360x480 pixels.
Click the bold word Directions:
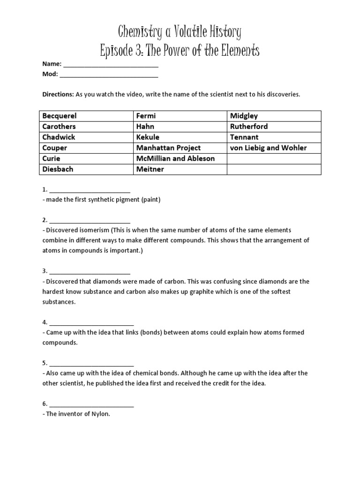point(58,94)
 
